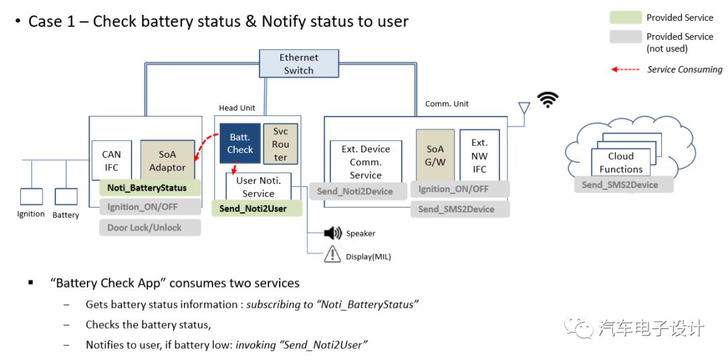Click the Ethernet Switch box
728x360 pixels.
click(299, 64)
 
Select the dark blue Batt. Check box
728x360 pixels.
click(240, 143)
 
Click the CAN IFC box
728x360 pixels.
click(111, 160)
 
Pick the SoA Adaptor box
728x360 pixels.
click(167, 160)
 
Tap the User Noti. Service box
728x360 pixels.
click(258, 187)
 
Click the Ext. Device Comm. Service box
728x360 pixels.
click(366, 162)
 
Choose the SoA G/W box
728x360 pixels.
click(435, 155)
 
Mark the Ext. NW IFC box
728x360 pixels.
click(479, 155)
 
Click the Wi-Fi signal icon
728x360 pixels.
click(548, 100)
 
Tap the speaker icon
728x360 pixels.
click(333, 233)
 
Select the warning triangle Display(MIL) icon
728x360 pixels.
click(333, 255)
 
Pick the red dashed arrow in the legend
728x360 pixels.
click(625, 69)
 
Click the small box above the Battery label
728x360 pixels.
click(66, 196)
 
